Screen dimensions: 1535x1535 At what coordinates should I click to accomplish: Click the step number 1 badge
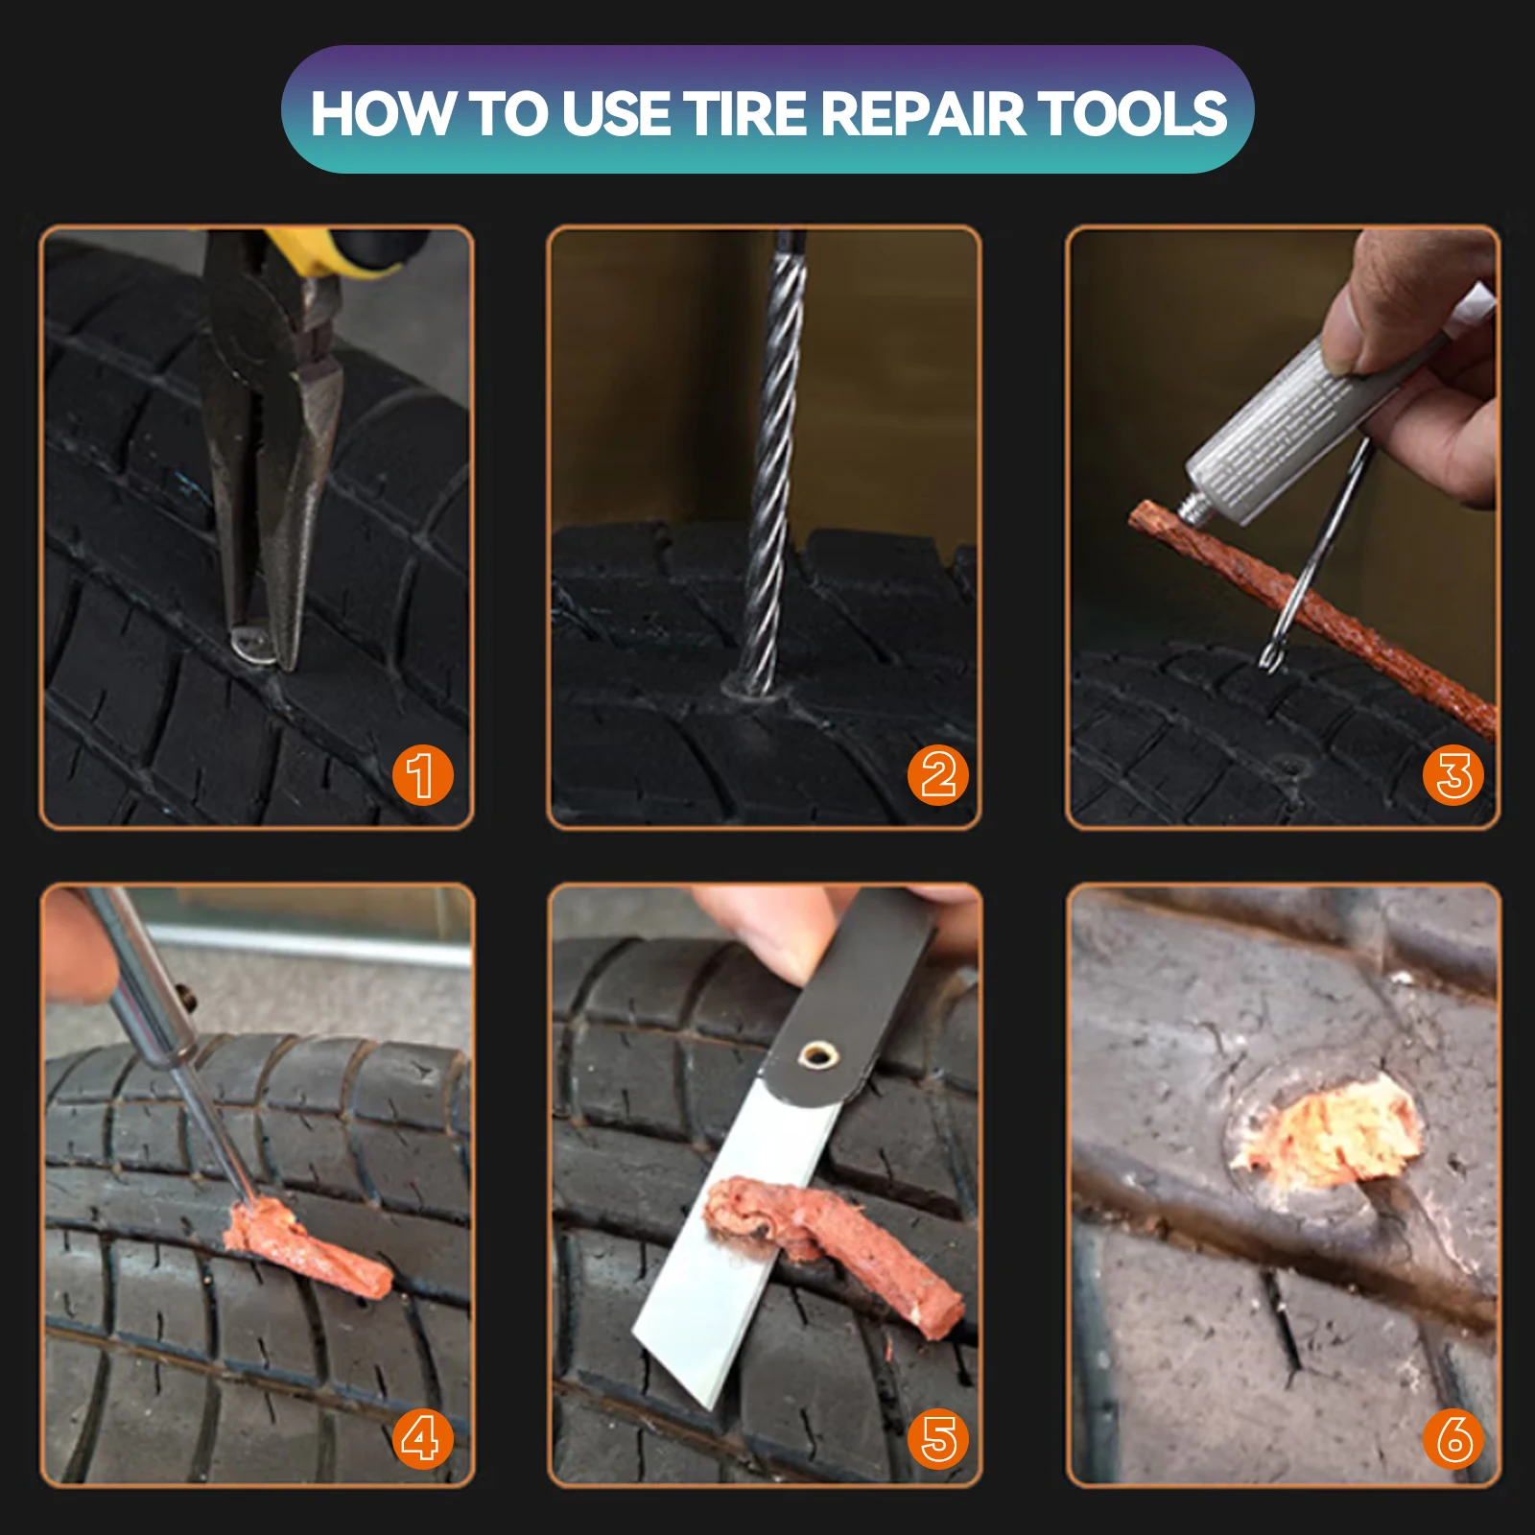click(x=422, y=774)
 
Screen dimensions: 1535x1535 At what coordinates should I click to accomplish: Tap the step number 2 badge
click(x=937, y=774)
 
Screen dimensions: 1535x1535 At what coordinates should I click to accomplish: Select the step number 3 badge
click(x=1453, y=774)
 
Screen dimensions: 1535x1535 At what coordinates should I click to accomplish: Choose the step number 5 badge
click(x=937, y=1439)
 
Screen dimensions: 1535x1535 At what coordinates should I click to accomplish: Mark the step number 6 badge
click(x=1453, y=1439)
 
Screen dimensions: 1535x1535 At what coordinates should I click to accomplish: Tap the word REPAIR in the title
click(x=923, y=113)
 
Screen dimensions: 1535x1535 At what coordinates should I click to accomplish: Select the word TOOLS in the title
click(x=1132, y=113)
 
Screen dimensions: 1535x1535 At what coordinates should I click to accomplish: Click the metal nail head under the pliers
click(x=251, y=645)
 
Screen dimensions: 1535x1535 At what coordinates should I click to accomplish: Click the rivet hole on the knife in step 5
click(x=816, y=1055)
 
